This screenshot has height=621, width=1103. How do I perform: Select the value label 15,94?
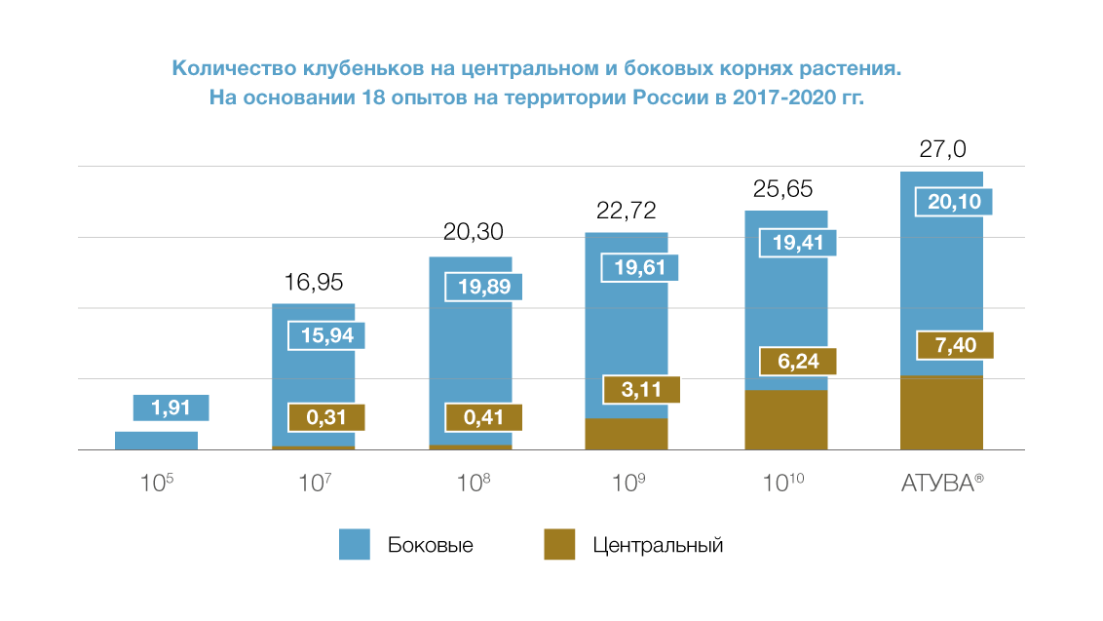point(327,335)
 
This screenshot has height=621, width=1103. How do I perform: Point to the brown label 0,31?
point(327,418)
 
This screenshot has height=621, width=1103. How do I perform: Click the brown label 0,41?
point(483,418)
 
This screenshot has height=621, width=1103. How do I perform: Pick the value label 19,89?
point(483,287)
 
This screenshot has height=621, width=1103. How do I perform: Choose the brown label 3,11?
point(639,389)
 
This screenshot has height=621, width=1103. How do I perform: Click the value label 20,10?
point(954,202)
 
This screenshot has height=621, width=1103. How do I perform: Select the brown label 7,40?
point(954,346)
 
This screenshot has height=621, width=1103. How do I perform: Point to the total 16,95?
point(314,283)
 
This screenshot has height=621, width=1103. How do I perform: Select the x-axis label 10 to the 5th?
point(157,484)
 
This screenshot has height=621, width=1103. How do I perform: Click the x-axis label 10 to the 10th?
point(784,484)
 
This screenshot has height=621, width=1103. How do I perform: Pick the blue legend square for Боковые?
point(354,545)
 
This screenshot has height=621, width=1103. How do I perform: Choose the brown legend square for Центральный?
point(559,545)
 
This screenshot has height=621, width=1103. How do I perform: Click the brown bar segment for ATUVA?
point(941,413)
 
